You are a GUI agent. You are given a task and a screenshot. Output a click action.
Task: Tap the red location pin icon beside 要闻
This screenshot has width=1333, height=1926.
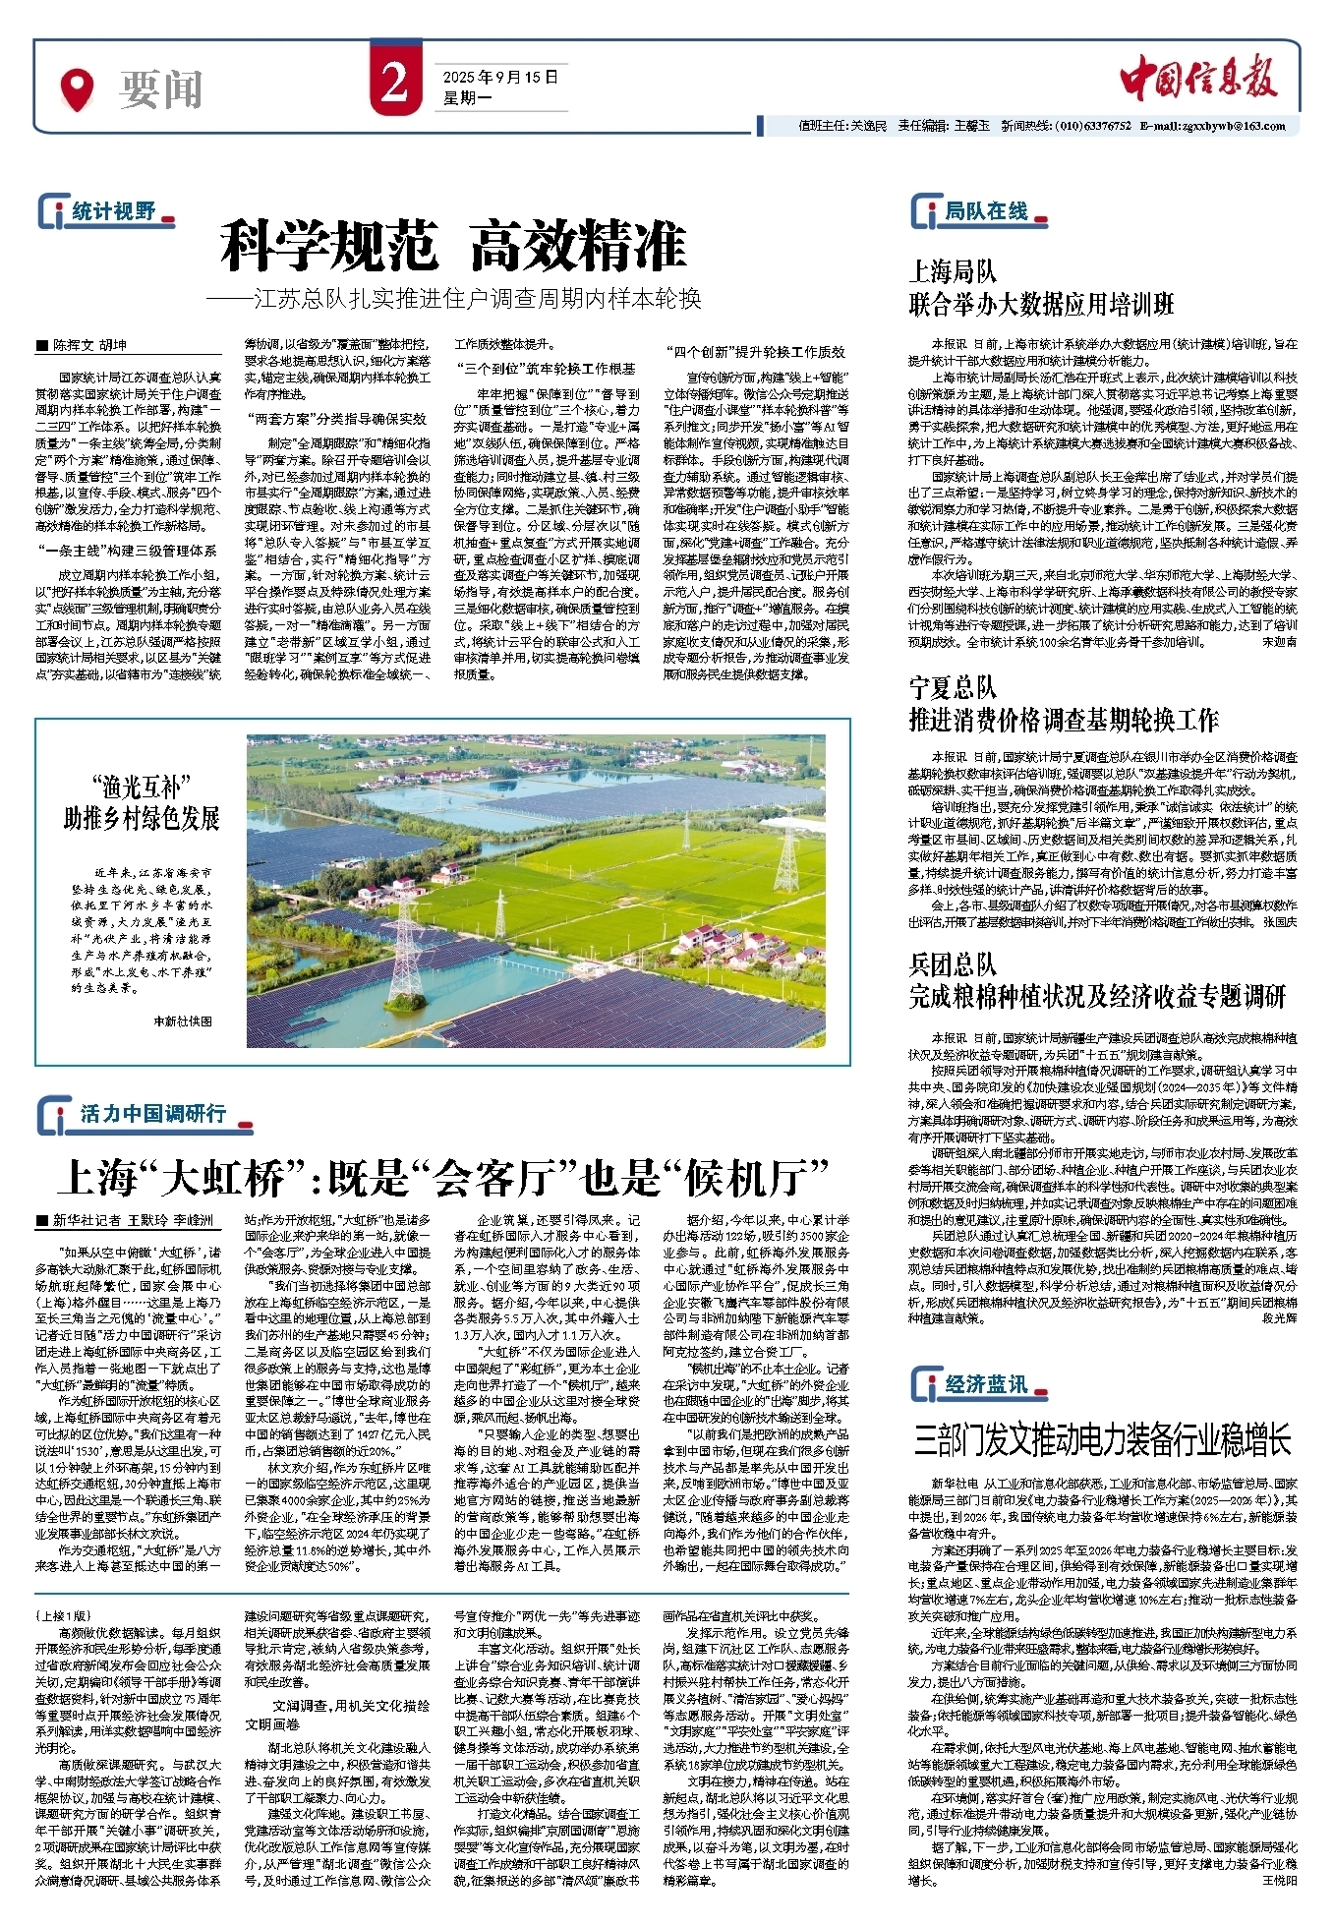point(77,89)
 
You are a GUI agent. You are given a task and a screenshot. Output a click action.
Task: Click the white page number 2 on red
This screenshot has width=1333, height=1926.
point(395,84)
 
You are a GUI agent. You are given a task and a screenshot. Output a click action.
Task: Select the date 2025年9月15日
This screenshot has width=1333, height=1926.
point(499,77)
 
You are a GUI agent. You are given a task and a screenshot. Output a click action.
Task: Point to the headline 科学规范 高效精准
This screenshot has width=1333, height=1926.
point(453,246)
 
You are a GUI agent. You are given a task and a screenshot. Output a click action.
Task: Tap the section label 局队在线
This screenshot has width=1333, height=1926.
point(986,211)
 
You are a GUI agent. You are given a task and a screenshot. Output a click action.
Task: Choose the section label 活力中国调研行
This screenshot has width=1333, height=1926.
point(152,1113)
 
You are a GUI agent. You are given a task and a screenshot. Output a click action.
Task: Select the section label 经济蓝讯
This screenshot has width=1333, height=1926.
point(986,1384)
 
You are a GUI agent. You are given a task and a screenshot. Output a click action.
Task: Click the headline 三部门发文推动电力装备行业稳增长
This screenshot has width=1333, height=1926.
point(1102,1440)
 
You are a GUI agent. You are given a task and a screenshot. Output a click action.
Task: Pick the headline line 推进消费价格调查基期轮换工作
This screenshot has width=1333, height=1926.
point(1064,720)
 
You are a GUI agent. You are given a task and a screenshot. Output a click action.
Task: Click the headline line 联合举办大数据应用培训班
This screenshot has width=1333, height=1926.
point(1041,304)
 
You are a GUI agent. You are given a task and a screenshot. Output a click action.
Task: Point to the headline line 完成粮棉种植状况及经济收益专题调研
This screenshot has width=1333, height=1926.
point(1097,996)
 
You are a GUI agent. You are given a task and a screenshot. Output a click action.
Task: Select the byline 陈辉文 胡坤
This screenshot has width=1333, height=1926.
point(89,346)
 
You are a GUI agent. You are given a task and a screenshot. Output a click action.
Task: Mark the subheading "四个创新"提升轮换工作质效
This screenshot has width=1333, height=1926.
point(755,352)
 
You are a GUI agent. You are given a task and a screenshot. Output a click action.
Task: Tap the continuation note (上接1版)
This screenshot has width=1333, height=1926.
point(62,1615)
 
